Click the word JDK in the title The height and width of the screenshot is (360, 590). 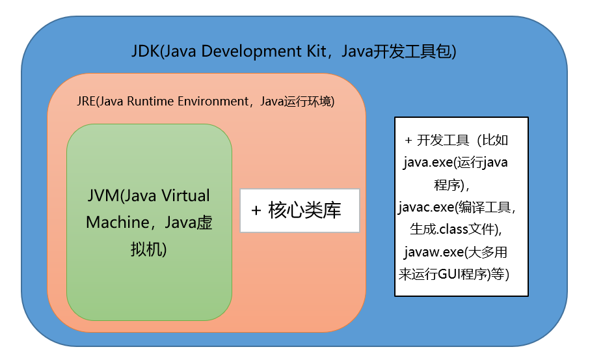[x=144, y=51]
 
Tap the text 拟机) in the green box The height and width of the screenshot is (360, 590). [x=149, y=248]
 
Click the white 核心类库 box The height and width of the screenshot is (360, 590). [x=299, y=210]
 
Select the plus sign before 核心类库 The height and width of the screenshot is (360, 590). [x=256, y=210]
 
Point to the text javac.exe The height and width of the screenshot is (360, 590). [x=425, y=207]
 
